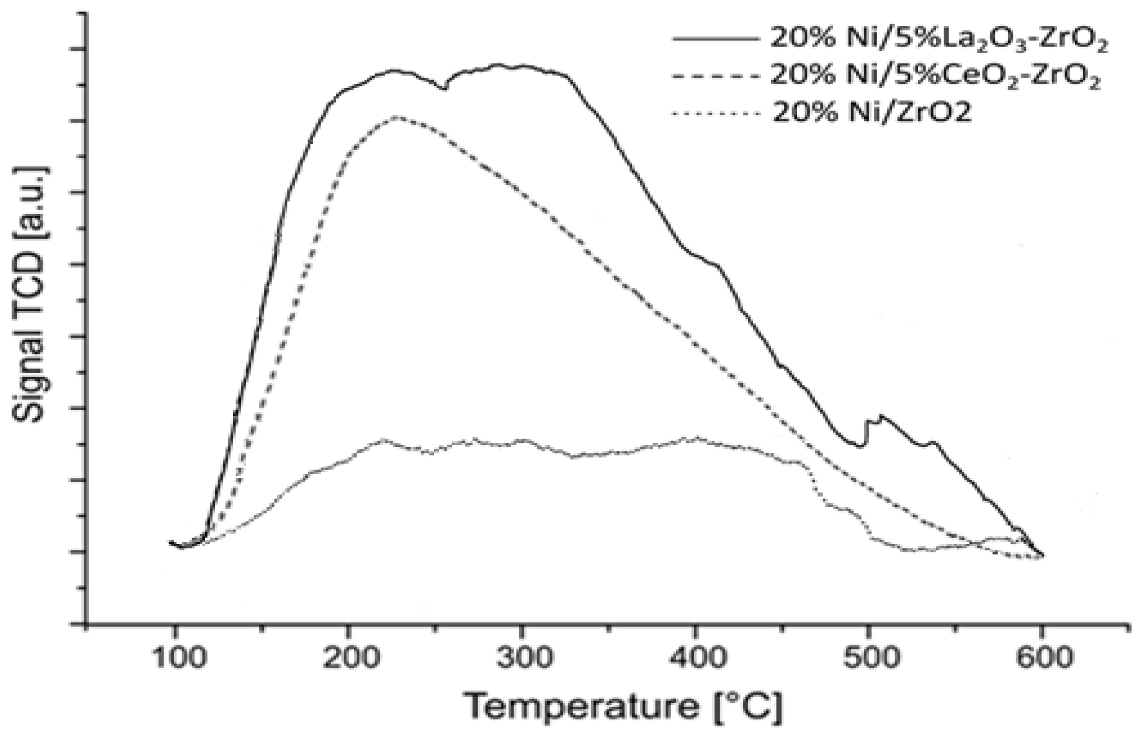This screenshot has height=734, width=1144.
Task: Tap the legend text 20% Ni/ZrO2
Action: click(x=871, y=113)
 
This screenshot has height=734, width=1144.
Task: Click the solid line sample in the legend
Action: click(x=716, y=39)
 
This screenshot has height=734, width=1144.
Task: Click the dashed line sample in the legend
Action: click(x=716, y=76)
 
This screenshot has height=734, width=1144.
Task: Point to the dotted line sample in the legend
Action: click(x=716, y=113)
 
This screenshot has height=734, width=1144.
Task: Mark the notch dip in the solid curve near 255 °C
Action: click(x=444, y=88)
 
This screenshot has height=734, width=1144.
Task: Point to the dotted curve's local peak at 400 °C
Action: click(x=697, y=437)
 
